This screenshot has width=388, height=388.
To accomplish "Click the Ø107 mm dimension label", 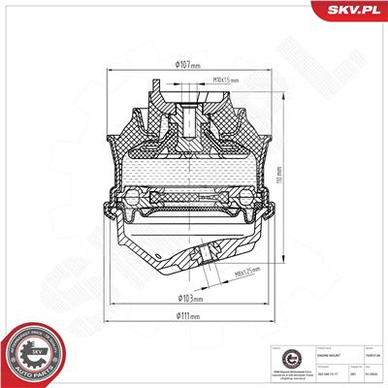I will point(187,65).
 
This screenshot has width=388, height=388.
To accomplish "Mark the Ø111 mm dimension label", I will point(187,315).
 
